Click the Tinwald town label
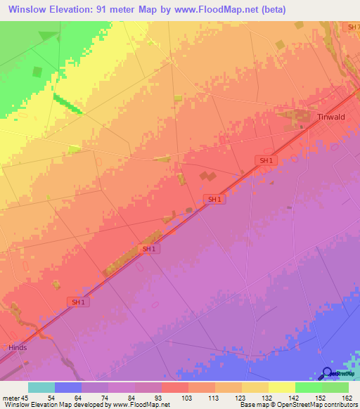point(331,117)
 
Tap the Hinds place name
point(17,347)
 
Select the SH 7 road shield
point(352,27)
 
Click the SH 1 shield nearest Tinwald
point(265,161)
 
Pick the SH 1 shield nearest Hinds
point(77,301)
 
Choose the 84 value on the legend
point(120,397)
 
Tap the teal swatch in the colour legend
point(41,387)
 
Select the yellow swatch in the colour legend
point(281,387)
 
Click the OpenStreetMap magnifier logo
point(327,373)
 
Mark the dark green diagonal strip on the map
point(67,104)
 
